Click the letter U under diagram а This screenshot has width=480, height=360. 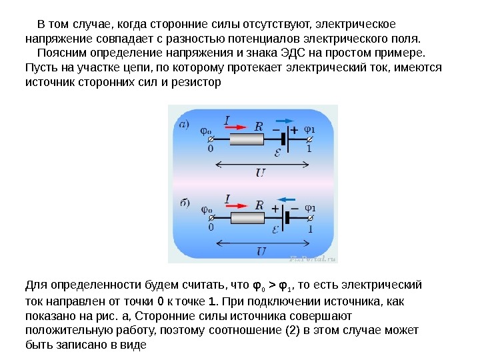tap(260, 173)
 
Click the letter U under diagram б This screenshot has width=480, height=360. tap(260, 251)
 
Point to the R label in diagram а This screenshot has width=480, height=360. tap(259, 126)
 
